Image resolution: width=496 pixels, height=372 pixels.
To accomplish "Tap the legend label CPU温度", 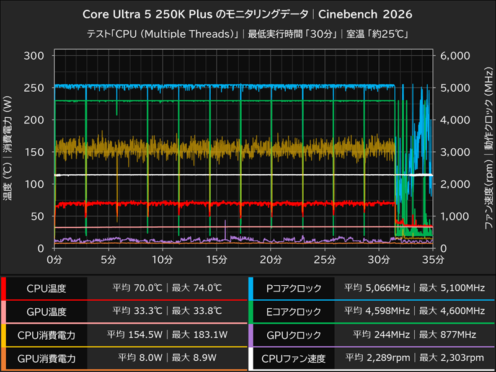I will [46, 288].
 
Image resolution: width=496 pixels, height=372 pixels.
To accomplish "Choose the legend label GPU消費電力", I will [46, 358].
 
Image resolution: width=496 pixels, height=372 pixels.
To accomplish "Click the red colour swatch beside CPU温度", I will [3, 288].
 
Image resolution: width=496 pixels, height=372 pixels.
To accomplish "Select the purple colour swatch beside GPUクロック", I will [250, 335].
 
